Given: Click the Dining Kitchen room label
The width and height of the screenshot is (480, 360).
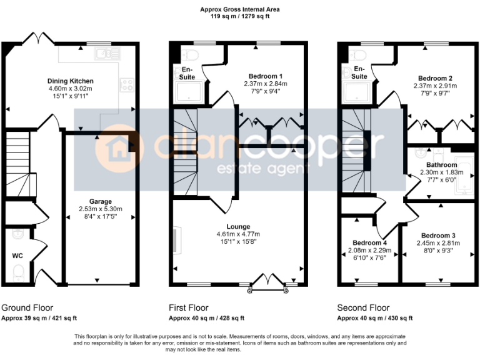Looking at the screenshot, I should [71, 81].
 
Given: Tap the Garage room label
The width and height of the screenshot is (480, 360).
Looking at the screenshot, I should [100, 201].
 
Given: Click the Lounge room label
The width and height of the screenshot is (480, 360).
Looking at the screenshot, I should [239, 226].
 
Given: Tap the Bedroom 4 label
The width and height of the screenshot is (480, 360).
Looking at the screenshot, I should [369, 242].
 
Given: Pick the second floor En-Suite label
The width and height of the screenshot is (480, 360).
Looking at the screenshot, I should [359, 72].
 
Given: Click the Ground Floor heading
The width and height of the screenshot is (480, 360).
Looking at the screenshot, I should [27, 307].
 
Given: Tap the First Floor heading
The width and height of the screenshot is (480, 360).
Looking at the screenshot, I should [189, 307].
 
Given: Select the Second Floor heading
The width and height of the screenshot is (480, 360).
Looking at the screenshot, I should [363, 307].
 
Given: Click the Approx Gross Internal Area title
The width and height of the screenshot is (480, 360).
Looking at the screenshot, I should [240, 9].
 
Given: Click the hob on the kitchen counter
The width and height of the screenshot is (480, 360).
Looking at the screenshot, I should [126, 84].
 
